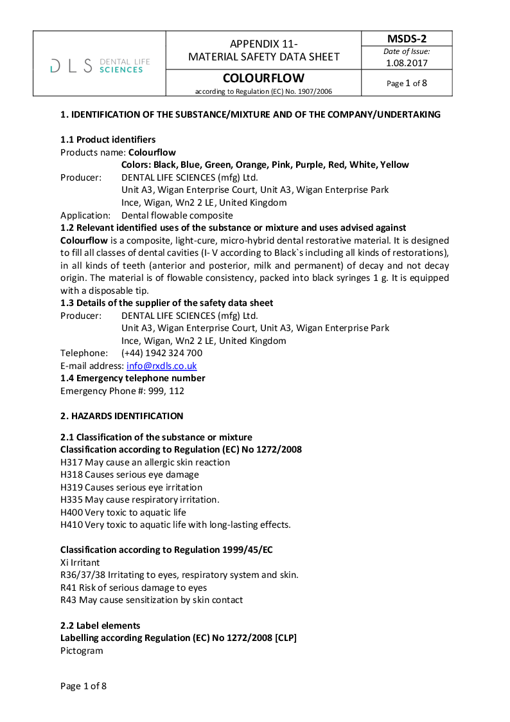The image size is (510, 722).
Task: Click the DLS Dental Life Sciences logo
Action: click(x=100, y=65)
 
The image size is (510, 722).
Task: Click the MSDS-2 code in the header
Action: click(x=407, y=39)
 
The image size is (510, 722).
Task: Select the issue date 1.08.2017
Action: click(x=407, y=63)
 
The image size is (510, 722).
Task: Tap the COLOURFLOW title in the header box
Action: click(x=263, y=78)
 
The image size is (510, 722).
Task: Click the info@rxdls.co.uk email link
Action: click(x=161, y=366)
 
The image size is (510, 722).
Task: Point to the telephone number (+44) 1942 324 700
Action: click(x=162, y=353)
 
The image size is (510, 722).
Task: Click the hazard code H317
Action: click(x=71, y=462)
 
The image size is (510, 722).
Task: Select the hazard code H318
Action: click(x=71, y=474)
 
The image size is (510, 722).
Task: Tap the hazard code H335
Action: click(x=71, y=500)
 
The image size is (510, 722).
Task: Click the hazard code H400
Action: click(x=71, y=512)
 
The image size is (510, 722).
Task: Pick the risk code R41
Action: click(x=67, y=588)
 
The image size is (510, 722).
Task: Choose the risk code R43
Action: click(x=67, y=600)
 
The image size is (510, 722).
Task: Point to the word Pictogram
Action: click(x=82, y=651)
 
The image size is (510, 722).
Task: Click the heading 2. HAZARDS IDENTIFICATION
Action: click(x=121, y=416)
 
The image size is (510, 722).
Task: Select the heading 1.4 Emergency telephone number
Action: click(x=133, y=378)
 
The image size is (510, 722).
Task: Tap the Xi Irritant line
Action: click(x=80, y=563)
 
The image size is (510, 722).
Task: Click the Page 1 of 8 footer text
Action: click(x=84, y=686)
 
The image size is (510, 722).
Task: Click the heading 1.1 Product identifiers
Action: click(x=108, y=140)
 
